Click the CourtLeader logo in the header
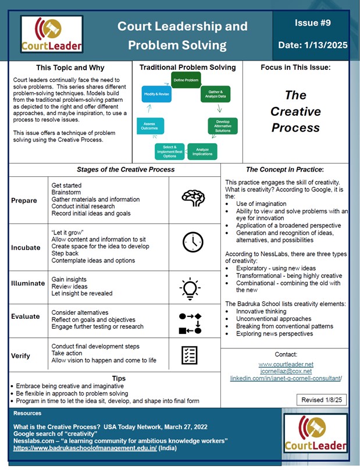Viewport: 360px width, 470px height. tap(52, 34)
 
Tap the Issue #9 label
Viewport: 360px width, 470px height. tap(313, 24)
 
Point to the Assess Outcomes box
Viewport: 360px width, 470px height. tap(149, 126)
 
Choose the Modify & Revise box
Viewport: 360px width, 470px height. tap(156, 93)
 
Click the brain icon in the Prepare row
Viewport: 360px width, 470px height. tap(193, 198)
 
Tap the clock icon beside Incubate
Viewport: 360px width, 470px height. tap(193, 243)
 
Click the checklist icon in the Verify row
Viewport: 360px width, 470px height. tap(190, 355)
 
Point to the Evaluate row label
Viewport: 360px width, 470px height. tap(26, 317)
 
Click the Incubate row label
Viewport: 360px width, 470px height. tap(26, 247)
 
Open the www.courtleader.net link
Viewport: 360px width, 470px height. tap(285, 364)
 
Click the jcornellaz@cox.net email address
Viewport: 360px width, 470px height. tap(285, 371)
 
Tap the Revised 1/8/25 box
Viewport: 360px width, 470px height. tap(321, 400)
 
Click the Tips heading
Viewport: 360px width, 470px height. tap(119, 378)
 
